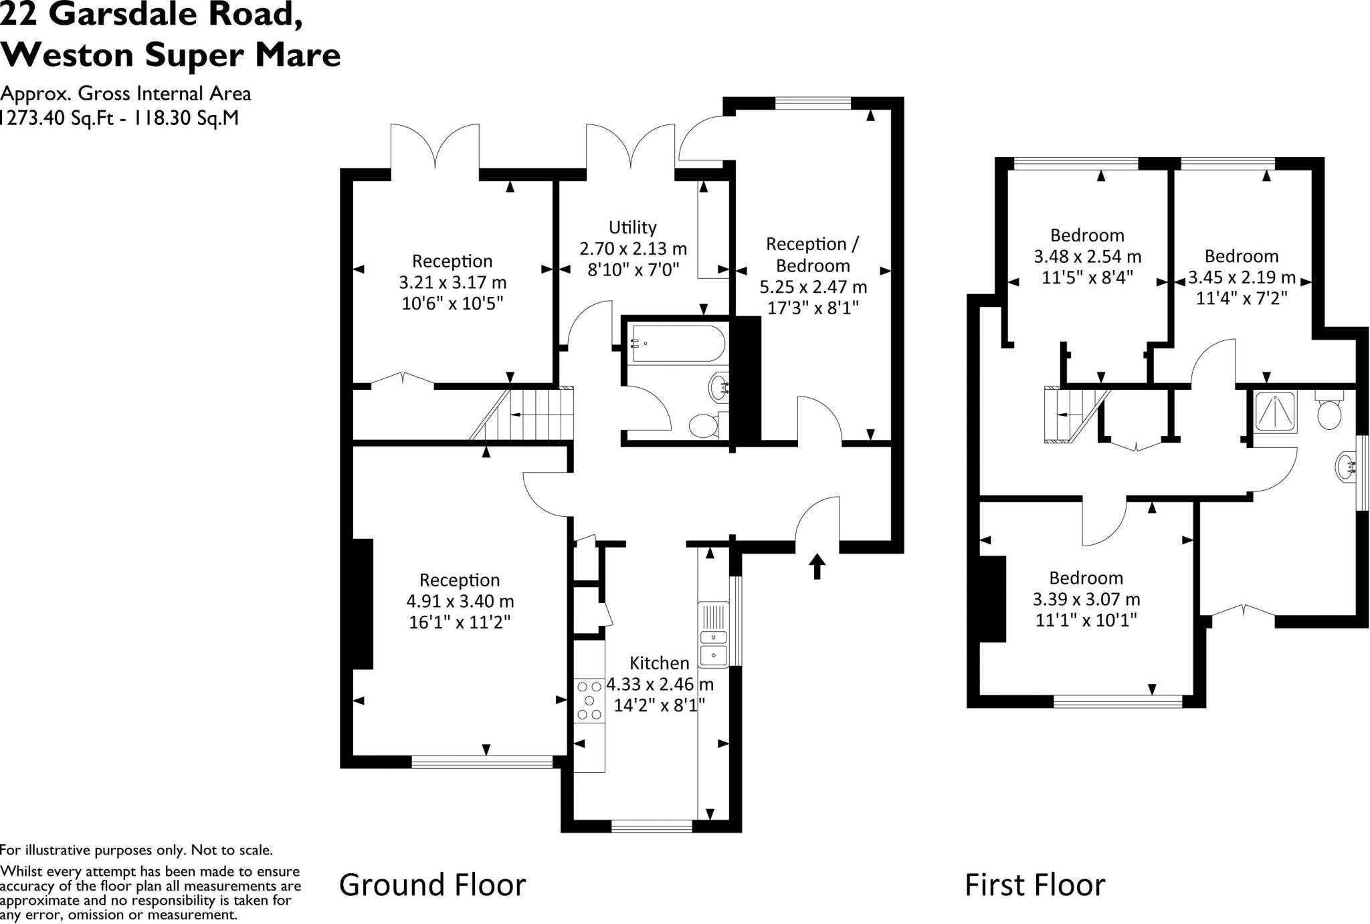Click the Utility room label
pyautogui.click(x=632, y=227)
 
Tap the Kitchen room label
pyautogui.click(x=659, y=663)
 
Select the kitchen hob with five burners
pyautogui.click(x=589, y=700)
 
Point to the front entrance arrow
pyautogui.click(x=817, y=566)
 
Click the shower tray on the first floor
pyautogui.click(x=1275, y=411)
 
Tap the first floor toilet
pyautogui.click(x=1329, y=412)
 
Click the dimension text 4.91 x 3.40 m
pyautogui.click(x=460, y=601)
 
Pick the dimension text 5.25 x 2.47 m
pyautogui.click(x=813, y=287)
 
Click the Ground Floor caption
pyautogui.click(x=432, y=885)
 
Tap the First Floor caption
pyautogui.click(x=1034, y=885)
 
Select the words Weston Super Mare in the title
pyautogui.click(x=171, y=55)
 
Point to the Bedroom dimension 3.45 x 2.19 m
pyautogui.click(x=1242, y=277)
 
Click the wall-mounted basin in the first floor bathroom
pyautogui.click(x=1346, y=467)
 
